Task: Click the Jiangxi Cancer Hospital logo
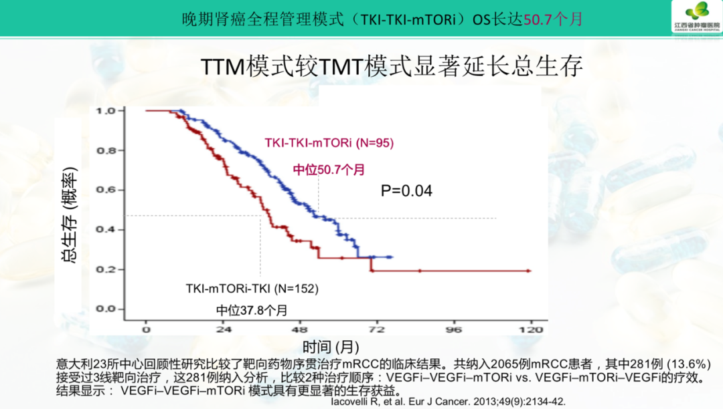697,17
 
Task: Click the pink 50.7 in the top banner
538,19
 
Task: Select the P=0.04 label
406,190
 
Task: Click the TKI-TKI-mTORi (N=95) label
329,142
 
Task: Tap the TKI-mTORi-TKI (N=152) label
252,289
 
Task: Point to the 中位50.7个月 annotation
329,170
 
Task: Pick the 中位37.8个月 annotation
252,310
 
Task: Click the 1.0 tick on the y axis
106,111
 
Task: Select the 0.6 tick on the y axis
106,190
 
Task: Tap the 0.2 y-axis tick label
106,269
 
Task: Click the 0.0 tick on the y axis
106,309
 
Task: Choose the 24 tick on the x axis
224,329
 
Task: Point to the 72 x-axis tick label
377,329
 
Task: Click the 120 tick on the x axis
531,329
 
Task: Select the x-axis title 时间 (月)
331,346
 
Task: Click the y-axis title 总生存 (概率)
70,215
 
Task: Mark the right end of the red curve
530,271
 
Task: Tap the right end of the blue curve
392,257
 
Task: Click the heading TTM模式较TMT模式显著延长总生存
392,66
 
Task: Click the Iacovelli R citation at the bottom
448,402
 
